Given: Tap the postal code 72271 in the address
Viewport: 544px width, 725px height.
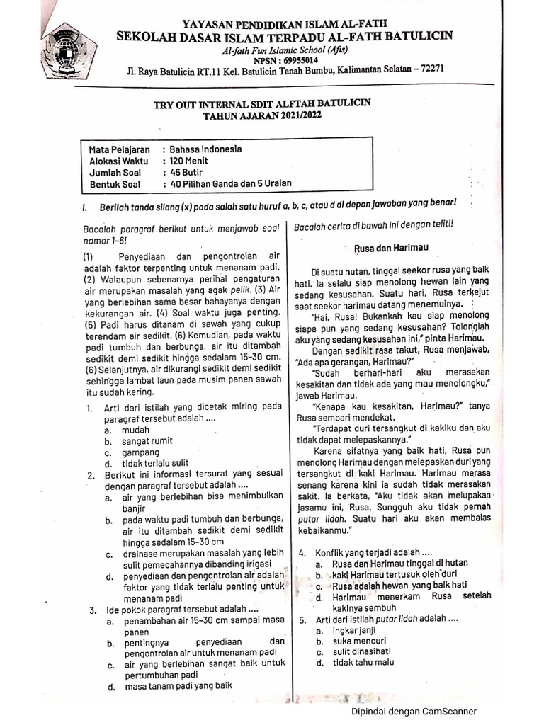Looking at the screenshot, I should click(x=429, y=69).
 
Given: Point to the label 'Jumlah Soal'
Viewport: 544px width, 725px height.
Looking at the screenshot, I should click(x=115, y=172).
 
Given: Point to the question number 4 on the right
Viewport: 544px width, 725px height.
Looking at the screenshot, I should click(x=302, y=552).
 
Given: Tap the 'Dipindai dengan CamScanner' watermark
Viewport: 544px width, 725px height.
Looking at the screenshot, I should click(x=414, y=712).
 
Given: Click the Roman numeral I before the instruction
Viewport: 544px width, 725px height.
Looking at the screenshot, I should click(x=84, y=206).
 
